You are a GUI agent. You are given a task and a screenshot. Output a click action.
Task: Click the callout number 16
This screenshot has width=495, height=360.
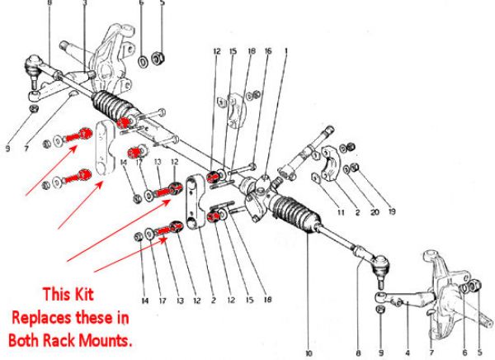tap(267, 51)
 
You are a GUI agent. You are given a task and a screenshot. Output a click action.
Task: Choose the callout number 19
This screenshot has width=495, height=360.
tap(392, 211)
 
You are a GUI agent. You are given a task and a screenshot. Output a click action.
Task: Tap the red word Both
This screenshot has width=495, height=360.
tap(26, 339)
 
